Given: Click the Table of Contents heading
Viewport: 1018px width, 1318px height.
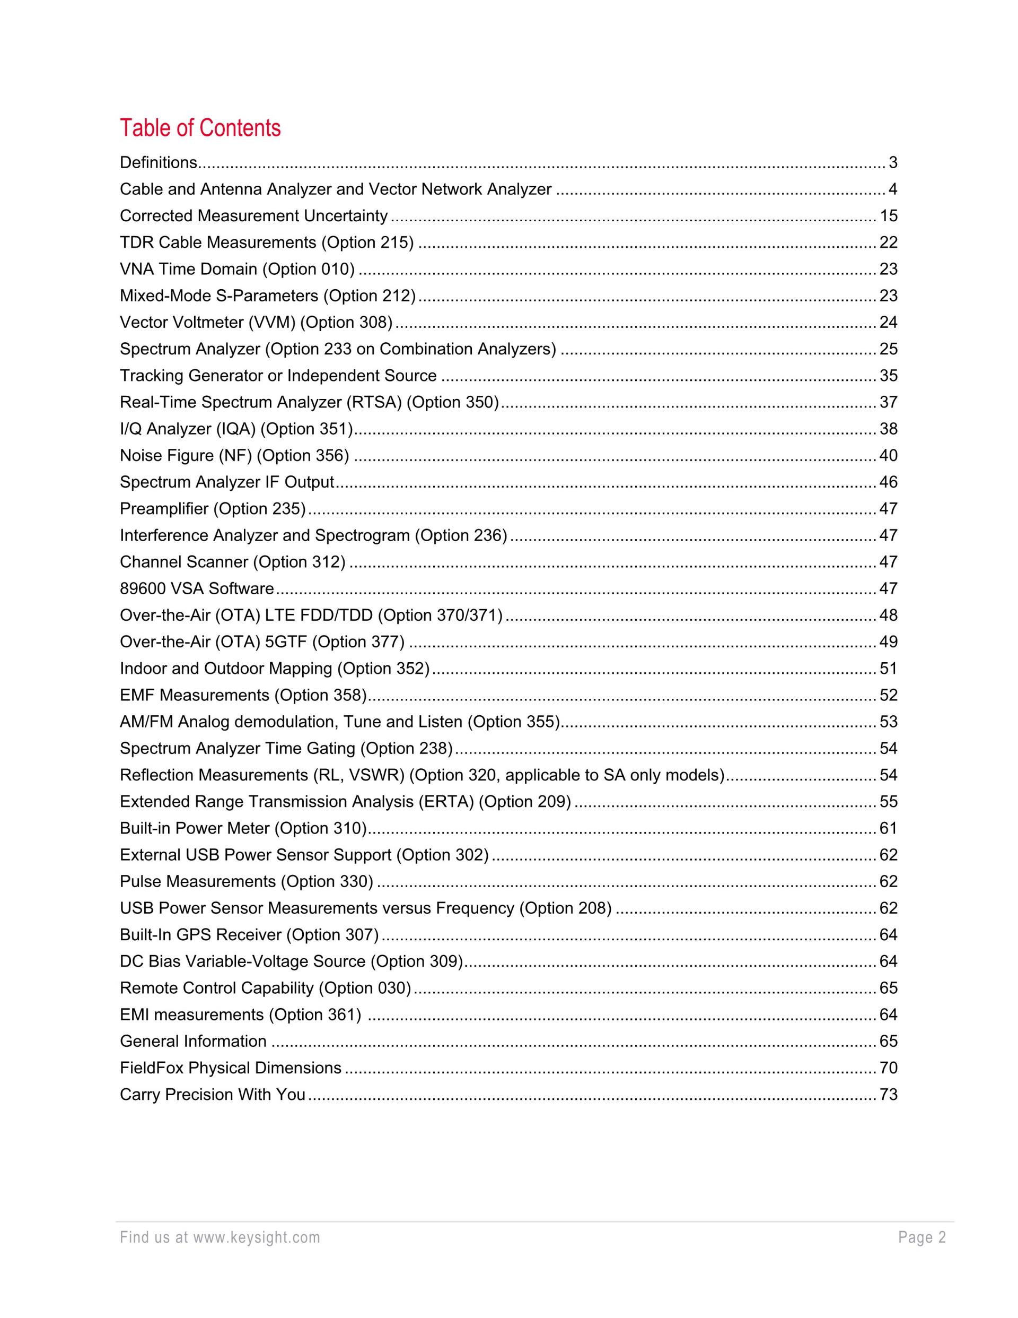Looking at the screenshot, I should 200,128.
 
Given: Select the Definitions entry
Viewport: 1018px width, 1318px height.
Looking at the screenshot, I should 159,163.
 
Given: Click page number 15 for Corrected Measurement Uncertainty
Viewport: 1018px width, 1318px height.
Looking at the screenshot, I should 888,216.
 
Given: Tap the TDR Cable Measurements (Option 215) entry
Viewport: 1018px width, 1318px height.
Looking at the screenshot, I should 267,242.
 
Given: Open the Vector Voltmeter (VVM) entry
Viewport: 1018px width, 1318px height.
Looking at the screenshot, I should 256,322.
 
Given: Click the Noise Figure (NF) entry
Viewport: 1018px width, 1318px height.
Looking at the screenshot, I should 234,456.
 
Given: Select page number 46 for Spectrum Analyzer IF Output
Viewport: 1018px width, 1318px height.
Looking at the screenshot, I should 888,482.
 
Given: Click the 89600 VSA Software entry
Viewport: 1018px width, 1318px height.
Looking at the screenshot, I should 197,588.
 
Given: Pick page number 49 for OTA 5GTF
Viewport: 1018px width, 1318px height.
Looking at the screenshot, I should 888,641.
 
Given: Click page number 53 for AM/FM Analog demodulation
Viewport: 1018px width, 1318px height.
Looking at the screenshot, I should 888,722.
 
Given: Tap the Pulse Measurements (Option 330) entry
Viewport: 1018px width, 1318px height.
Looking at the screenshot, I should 246,882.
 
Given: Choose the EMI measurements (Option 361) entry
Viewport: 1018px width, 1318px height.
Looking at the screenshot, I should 240,1014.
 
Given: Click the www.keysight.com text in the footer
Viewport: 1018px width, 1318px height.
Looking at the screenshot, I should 256,1238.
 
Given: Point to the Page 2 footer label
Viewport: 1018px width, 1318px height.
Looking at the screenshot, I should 922,1238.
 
